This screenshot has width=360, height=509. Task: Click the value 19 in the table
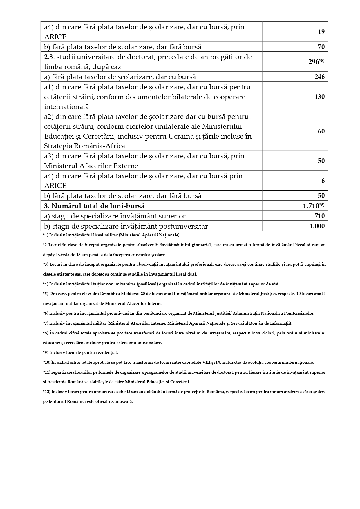pyautogui.click(x=321, y=32)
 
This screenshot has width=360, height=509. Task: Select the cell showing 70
pyautogui.click(x=321, y=47)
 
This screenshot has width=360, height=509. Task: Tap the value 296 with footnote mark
pyautogui.click(x=316, y=62)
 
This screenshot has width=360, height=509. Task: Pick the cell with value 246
pyautogui.click(x=319, y=77)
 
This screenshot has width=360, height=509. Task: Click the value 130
pyautogui.click(x=319, y=97)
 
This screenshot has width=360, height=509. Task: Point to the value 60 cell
pyautogui.click(x=321, y=131)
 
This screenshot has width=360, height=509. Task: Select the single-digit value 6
pyautogui.click(x=323, y=181)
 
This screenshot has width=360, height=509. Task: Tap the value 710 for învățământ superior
pyautogui.click(x=319, y=216)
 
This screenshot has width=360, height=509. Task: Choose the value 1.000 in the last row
pyautogui.click(x=317, y=226)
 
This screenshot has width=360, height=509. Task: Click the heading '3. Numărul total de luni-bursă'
pyautogui.click(x=94, y=206)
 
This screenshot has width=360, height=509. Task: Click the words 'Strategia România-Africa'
pyautogui.click(x=84, y=146)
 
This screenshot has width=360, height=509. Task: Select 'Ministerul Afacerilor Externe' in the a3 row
pyautogui.click(x=91, y=166)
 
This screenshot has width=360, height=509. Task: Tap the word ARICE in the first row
pyautogui.click(x=55, y=37)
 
